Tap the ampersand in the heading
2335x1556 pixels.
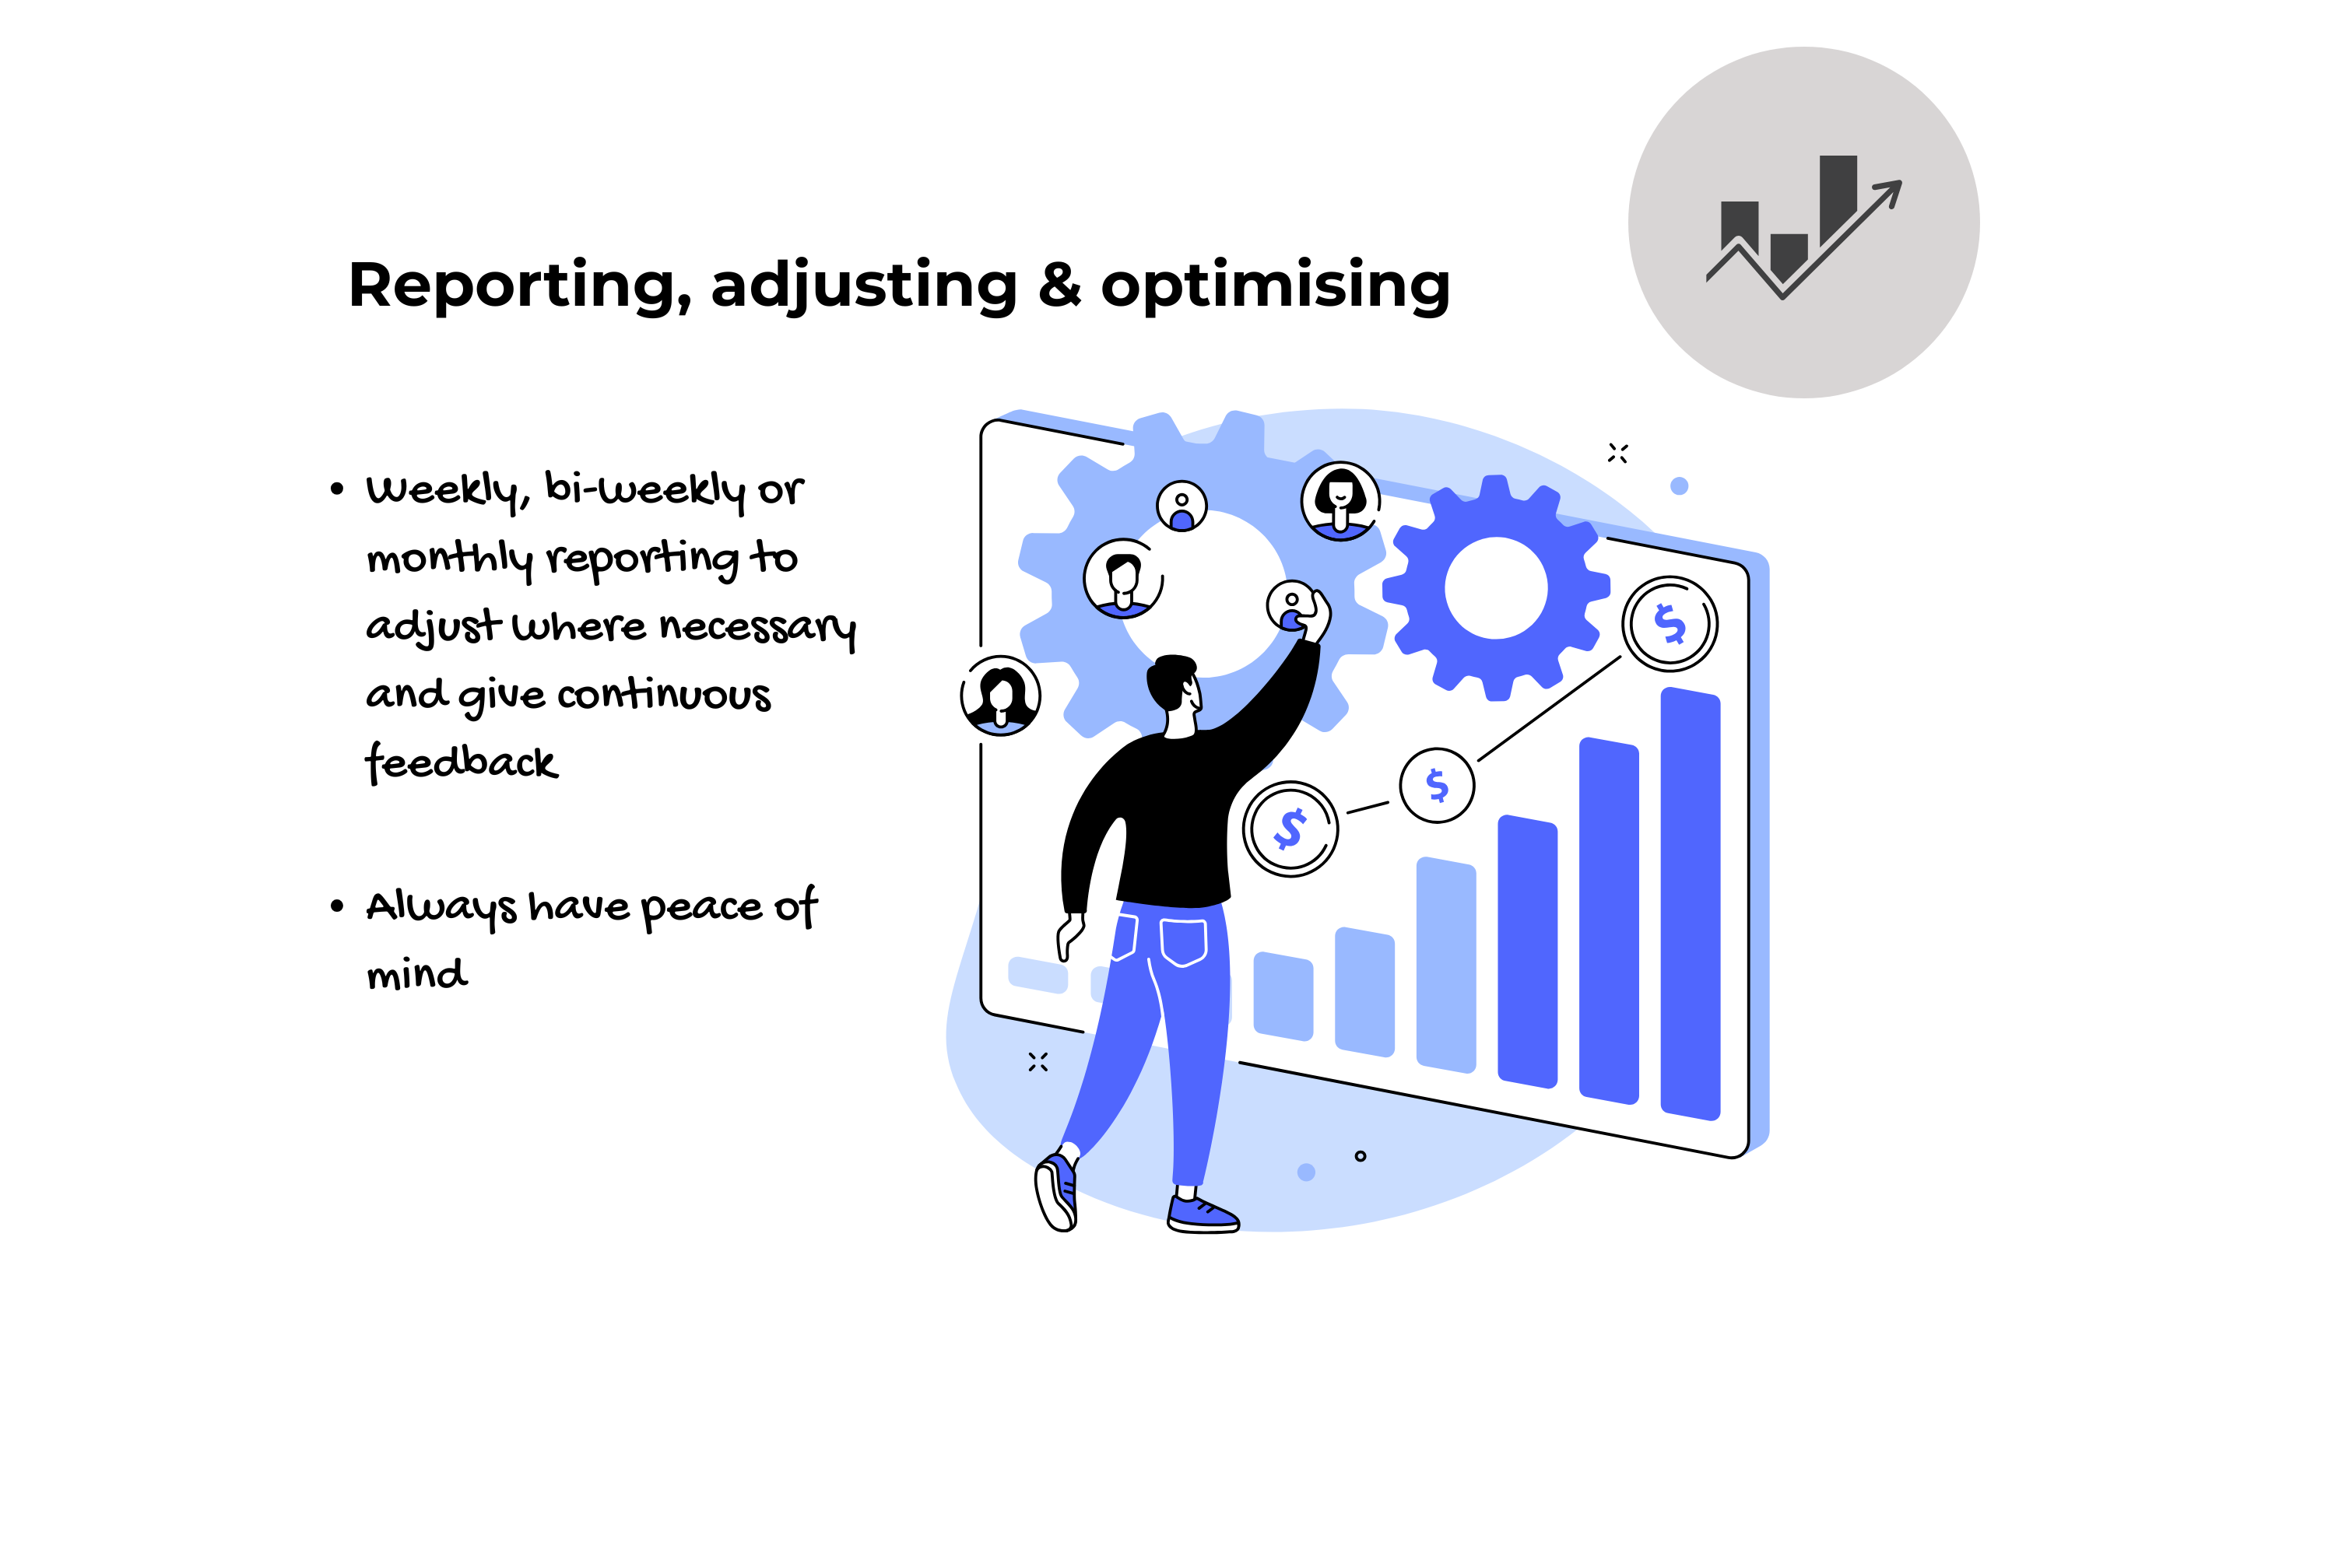coord(1059,285)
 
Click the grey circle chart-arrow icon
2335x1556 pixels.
coord(1804,223)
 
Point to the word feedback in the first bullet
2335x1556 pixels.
coord(462,762)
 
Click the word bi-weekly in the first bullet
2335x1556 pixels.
coord(645,489)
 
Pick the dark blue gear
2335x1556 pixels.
coord(1495,587)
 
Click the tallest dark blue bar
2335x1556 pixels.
coord(1690,903)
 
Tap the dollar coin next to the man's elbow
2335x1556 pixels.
coord(1290,829)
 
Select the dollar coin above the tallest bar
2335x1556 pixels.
coord(1670,624)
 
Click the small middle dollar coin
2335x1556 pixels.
coord(1437,785)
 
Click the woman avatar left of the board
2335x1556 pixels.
coord(1001,696)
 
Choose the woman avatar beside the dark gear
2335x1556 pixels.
coord(1341,501)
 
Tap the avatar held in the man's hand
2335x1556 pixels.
coord(1290,605)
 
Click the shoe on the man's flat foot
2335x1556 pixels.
coord(1203,1214)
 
